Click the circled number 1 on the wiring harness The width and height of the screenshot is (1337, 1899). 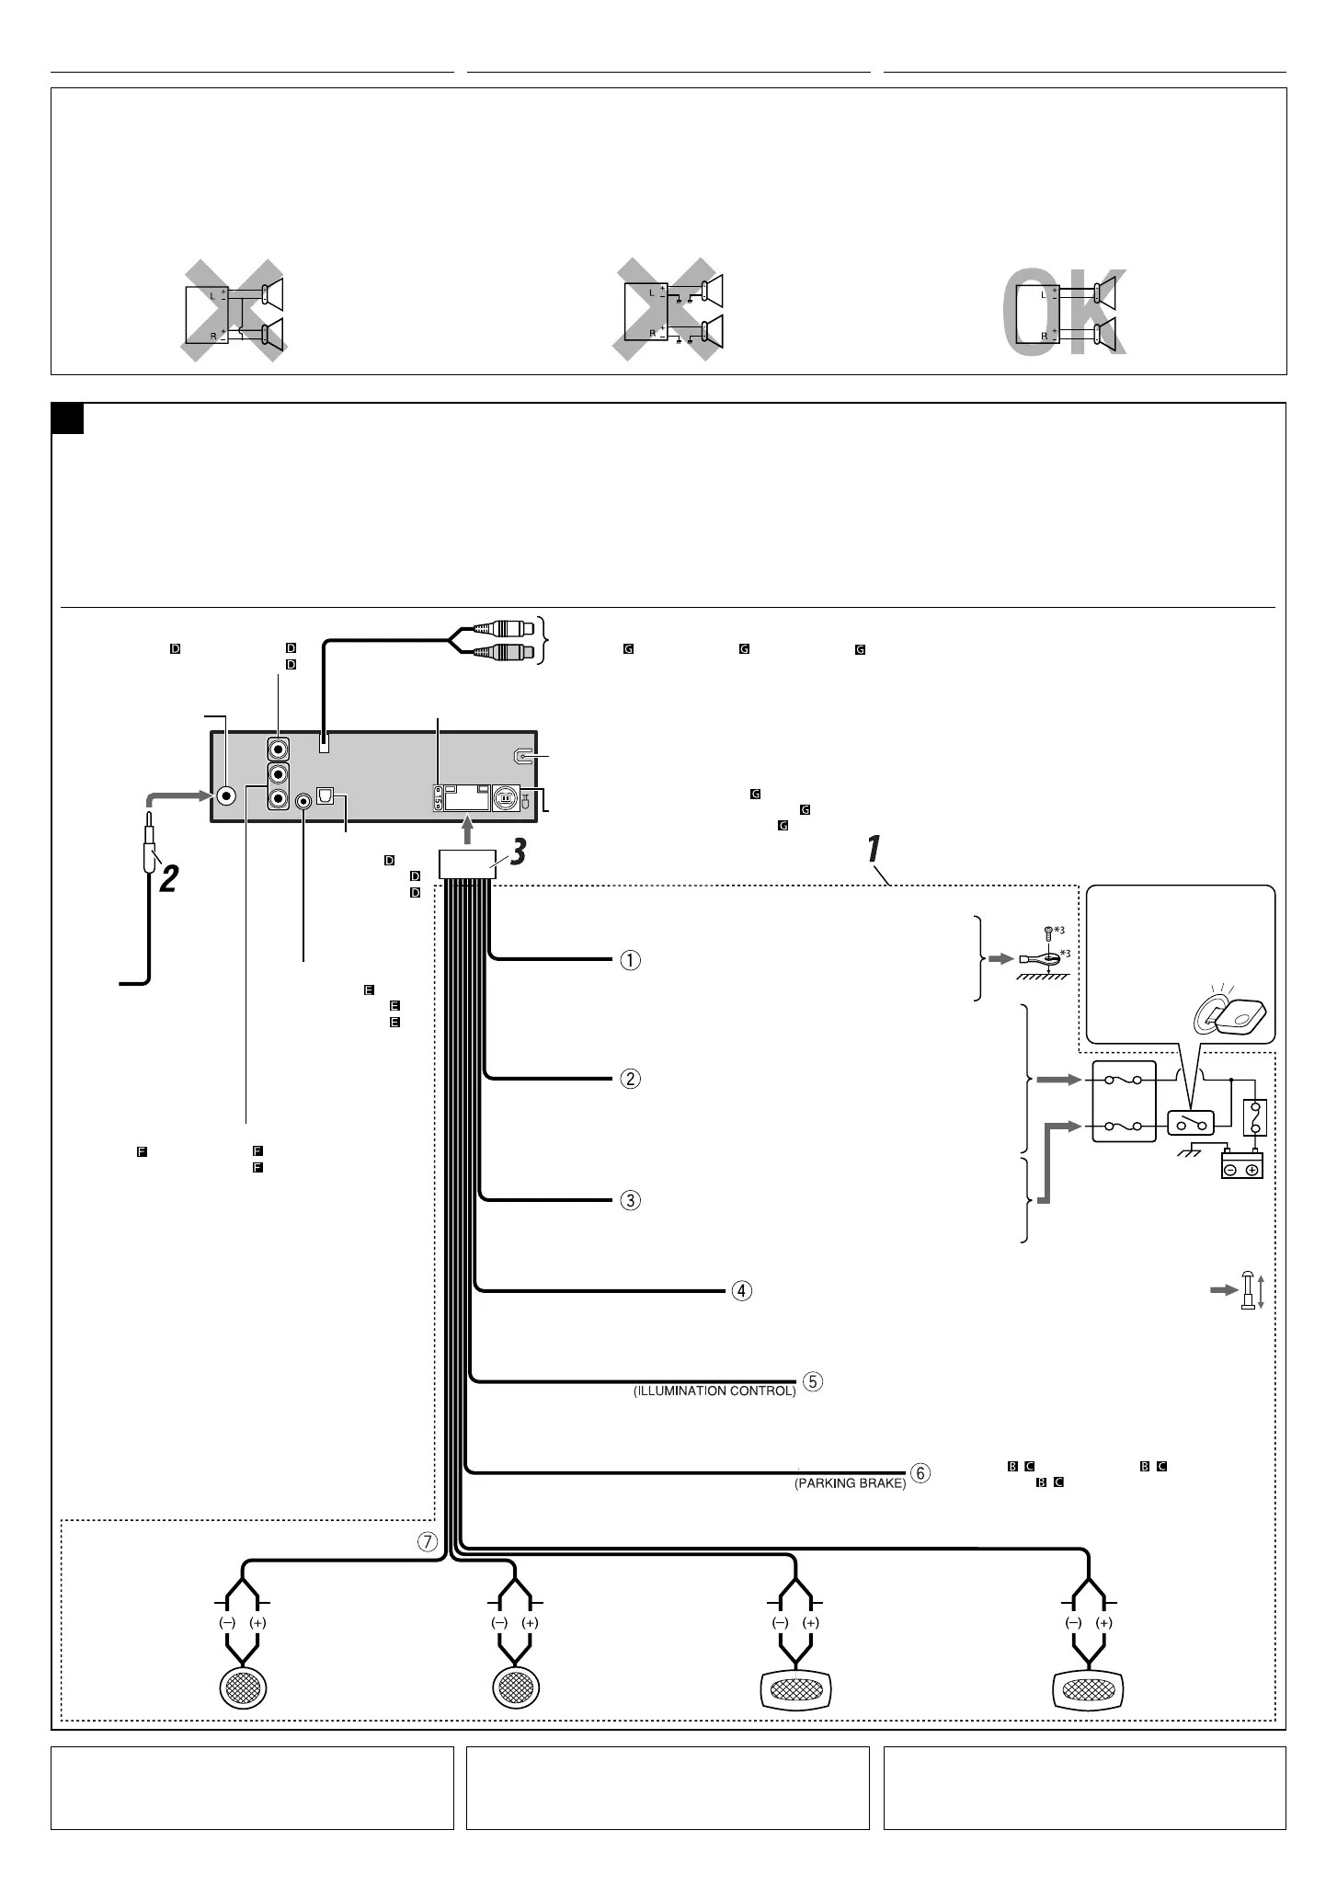click(630, 960)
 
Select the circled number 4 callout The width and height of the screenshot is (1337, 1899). click(741, 1291)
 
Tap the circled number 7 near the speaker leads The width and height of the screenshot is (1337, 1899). click(428, 1543)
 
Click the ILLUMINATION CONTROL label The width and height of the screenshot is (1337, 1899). click(714, 1391)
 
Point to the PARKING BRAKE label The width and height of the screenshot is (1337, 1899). click(850, 1483)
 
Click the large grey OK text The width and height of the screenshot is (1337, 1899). click(1064, 313)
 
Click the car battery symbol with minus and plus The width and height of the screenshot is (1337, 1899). click(1241, 1165)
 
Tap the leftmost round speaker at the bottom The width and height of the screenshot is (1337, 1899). click(244, 1687)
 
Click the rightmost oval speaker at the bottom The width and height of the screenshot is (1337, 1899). click(1089, 1688)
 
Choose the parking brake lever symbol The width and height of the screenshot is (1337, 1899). click(1248, 1289)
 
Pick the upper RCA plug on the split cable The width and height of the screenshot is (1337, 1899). click(497, 630)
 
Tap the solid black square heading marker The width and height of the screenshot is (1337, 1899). click(68, 419)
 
